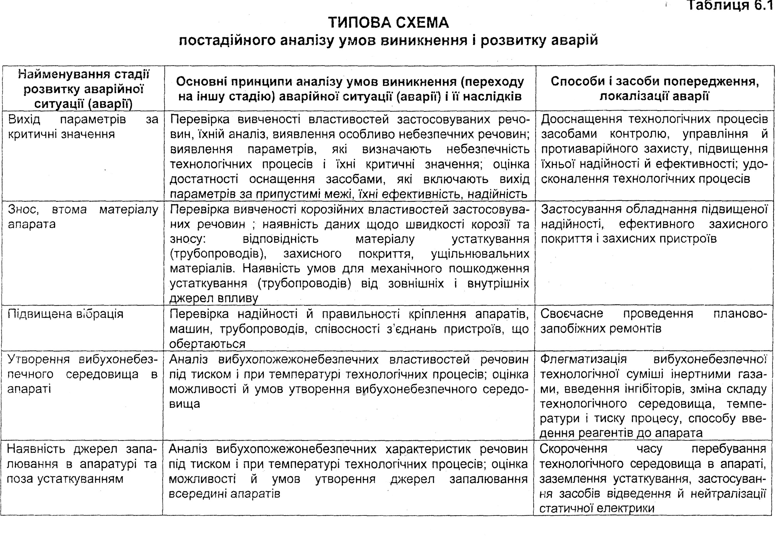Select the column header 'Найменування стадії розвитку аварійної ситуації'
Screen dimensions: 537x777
(83, 89)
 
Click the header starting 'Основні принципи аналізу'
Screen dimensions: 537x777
(350, 89)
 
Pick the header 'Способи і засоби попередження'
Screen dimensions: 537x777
(654, 89)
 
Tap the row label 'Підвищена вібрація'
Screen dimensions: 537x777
(66, 314)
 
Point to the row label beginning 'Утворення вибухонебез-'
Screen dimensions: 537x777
(83, 374)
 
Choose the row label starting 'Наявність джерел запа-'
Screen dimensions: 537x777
(82, 464)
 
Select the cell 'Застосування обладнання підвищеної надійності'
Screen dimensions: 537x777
(654, 224)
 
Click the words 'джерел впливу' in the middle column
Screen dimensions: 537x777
(214, 298)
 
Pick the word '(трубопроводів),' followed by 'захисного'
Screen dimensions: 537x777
(218, 254)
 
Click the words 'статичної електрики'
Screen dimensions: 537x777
(597, 508)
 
